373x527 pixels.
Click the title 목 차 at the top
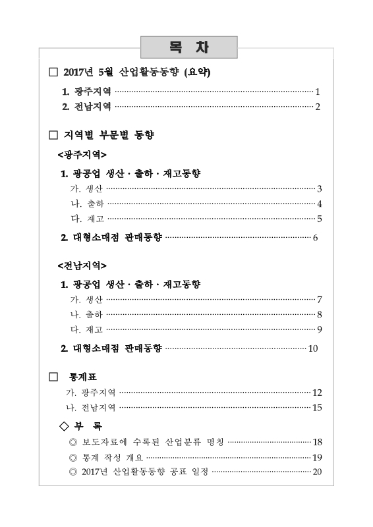(188, 48)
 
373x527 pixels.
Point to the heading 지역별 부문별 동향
(109, 136)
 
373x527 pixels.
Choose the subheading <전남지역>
(82, 265)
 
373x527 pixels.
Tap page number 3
(319, 189)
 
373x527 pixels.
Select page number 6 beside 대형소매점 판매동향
(316, 237)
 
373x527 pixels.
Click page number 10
(313, 348)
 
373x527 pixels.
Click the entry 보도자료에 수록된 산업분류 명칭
(151, 441)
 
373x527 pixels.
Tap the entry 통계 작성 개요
(109, 457)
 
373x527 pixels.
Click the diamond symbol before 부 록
(64, 426)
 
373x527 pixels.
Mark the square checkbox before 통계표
(54, 377)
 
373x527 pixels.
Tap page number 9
(319, 329)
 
